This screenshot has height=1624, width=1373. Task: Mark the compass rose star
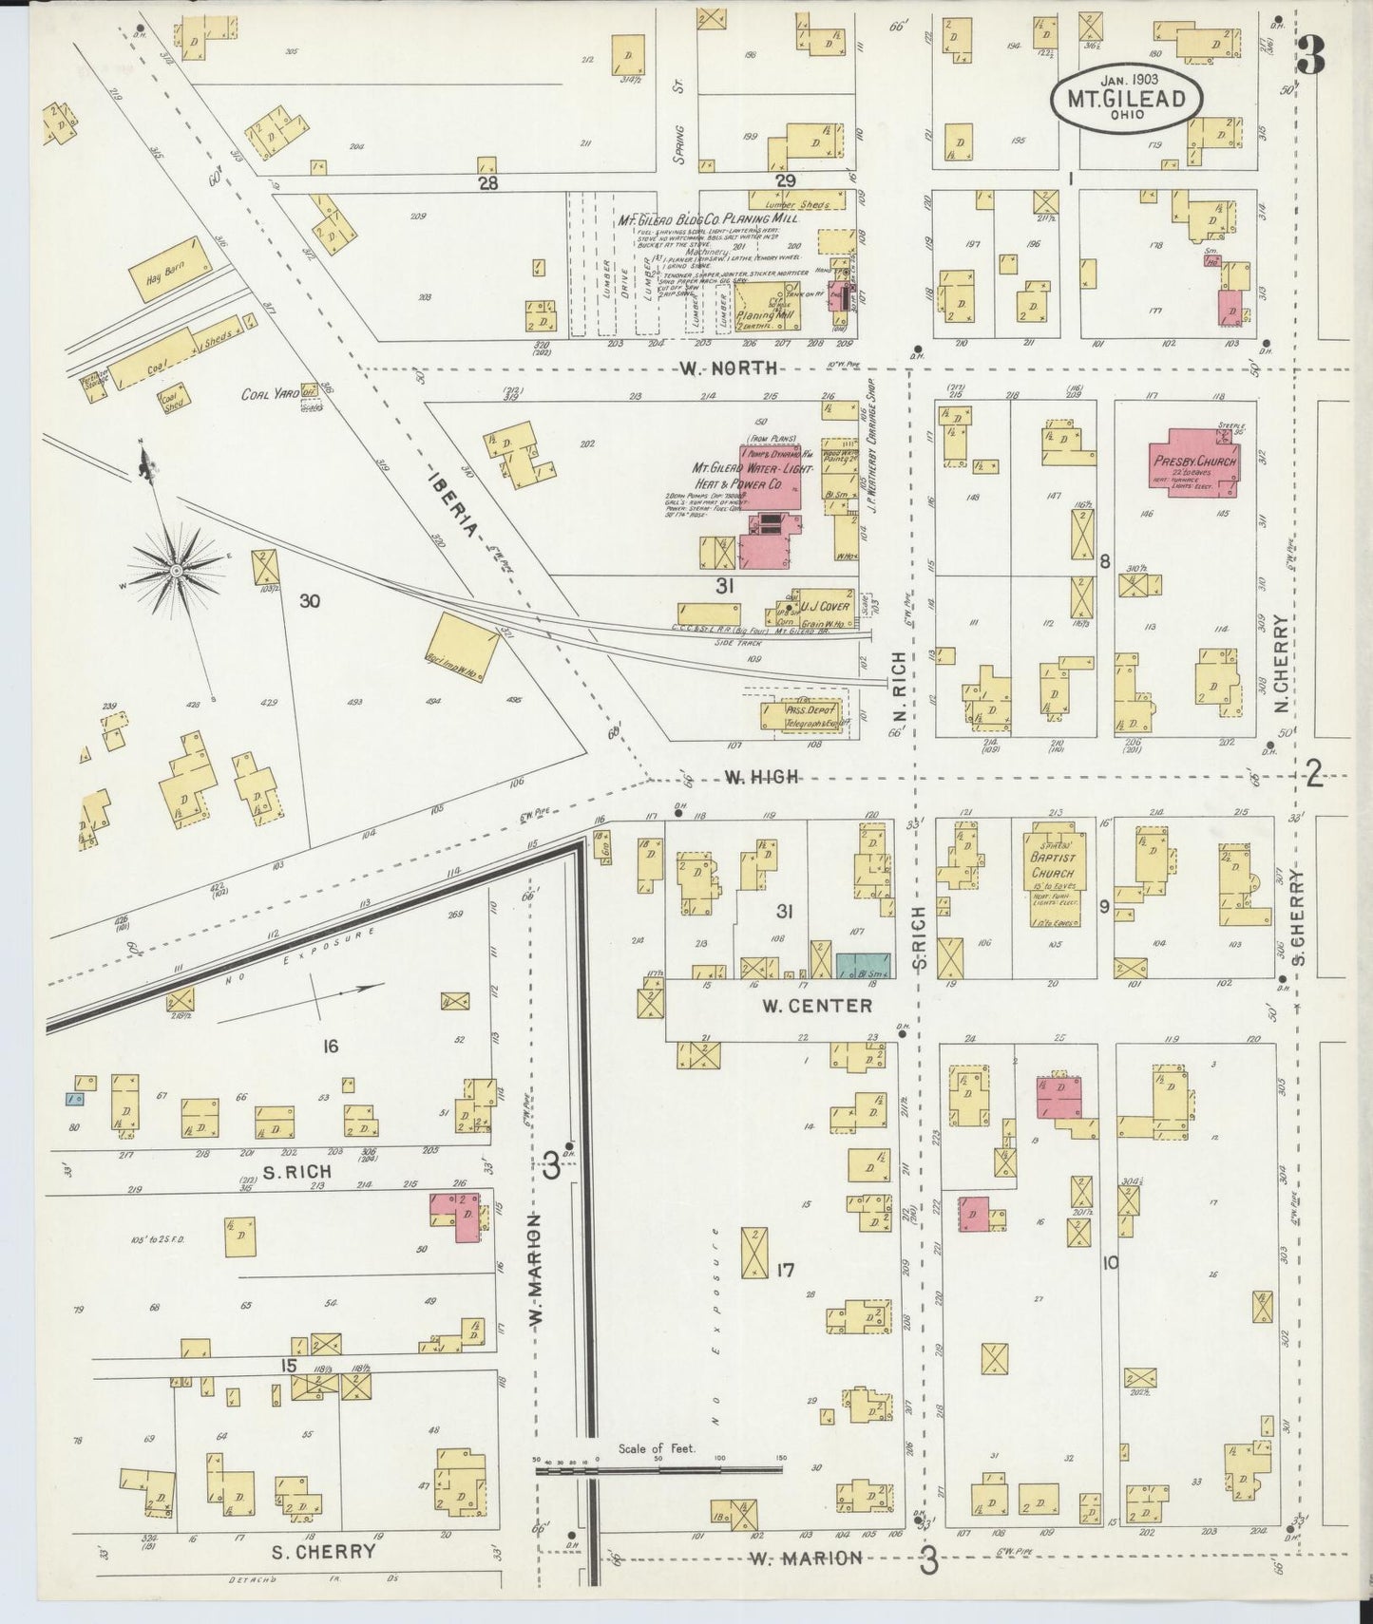[176, 569]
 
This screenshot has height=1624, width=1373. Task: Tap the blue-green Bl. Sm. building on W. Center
[863, 966]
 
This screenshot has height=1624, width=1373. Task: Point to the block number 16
[330, 1046]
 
